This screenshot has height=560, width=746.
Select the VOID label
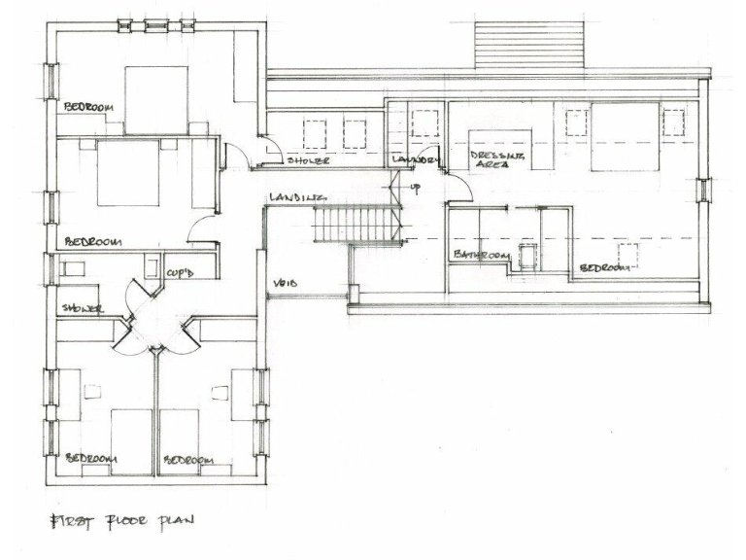(x=285, y=283)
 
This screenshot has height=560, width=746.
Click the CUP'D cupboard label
(x=180, y=273)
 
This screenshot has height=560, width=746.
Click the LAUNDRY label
(x=416, y=159)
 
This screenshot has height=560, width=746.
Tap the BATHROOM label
(x=481, y=255)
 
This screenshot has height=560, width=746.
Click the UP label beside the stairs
(x=416, y=188)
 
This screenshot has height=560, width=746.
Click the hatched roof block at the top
(x=529, y=45)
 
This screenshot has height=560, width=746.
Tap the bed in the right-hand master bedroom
(x=626, y=136)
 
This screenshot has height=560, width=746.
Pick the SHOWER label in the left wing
(x=83, y=309)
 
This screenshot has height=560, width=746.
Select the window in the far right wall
(x=704, y=189)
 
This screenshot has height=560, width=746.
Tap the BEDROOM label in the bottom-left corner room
(x=91, y=459)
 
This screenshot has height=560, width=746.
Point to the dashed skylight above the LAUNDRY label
(x=424, y=122)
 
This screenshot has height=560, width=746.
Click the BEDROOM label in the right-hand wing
(x=607, y=266)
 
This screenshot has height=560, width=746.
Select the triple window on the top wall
(x=155, y=24)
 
